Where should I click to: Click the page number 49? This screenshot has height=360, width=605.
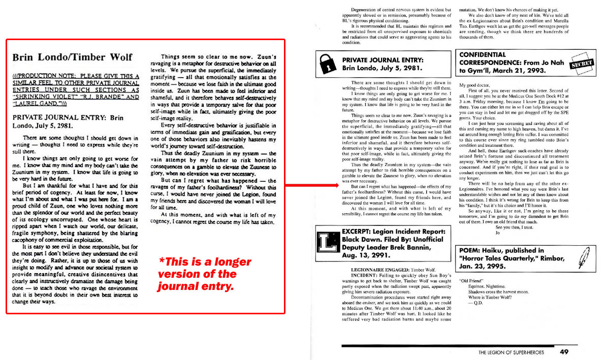(x=564, y=351)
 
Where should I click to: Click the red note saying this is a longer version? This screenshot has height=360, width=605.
(x=205, y=274)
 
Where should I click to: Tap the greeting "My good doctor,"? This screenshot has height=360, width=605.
(x=475, y=85)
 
